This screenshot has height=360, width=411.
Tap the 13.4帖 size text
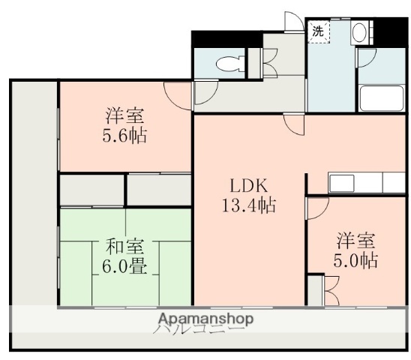(248, 206)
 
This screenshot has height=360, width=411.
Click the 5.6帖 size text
(124, 136)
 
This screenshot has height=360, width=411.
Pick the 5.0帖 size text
(355, 261)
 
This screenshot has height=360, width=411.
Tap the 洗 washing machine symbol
(318, 31)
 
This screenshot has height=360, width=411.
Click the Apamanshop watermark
(204, 319)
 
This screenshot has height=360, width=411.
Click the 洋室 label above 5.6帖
(124, 117)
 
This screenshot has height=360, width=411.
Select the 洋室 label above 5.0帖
(355, 241)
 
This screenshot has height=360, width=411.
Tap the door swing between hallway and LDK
(293, 124)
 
